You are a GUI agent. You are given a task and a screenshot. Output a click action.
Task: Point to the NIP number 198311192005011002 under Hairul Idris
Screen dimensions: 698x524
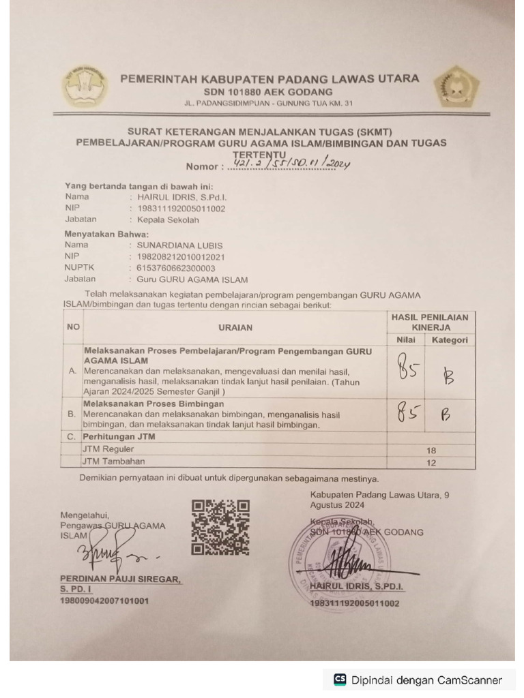pyautogui.click(x=181, y=209)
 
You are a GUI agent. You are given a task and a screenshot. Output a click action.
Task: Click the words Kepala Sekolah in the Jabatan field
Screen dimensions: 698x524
pyautogui.click(x=168, y=220)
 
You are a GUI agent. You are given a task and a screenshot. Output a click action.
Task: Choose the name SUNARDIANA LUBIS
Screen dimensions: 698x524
pyautogui.click(x=180, y=245)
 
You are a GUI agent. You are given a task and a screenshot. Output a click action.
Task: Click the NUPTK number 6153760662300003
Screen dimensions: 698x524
pyautogui.click(x=176, y=268)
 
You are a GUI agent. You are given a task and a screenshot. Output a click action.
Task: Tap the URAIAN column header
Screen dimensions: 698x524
pyautogui.click(x=235, y=327)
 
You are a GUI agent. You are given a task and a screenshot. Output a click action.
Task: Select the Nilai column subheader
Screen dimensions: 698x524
pyautogui.click(x=406, y=339)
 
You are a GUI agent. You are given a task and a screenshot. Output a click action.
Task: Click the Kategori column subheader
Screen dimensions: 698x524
pyautogui.click(x=450, y=339)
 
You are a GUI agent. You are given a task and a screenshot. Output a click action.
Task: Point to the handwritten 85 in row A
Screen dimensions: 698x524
pyautogui.click(x=408, y=371)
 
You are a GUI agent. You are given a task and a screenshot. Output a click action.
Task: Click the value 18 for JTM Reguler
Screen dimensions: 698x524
pyautogui.click(x=431, y=451)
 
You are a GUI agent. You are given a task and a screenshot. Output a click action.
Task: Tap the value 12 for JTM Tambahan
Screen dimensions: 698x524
pyautogui.click(x=431, y=463)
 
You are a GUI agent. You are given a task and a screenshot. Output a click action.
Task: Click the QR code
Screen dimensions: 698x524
pyautogui.click(x=220, y=527)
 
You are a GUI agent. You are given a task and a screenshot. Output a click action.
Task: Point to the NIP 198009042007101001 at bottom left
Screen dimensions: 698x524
pyautogui.click(x=104, y=601)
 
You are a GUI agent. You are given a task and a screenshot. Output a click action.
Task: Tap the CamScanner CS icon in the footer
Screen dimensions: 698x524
pyautogui.click(x=339, y=680)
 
